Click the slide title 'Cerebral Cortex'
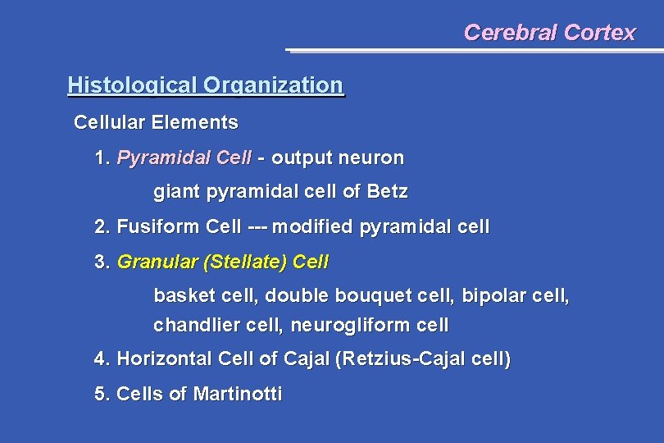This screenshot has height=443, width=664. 549,33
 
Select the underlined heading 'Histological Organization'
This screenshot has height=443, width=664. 205,85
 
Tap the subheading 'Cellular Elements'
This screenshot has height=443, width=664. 156,123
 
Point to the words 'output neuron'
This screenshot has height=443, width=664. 338,158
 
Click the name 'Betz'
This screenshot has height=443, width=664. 387,193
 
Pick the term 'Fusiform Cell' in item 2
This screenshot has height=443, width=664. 179,226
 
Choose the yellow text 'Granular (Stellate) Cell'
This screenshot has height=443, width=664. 223,263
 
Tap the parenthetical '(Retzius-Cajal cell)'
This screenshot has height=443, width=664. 423,359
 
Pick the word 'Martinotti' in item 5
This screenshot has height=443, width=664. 238,395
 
